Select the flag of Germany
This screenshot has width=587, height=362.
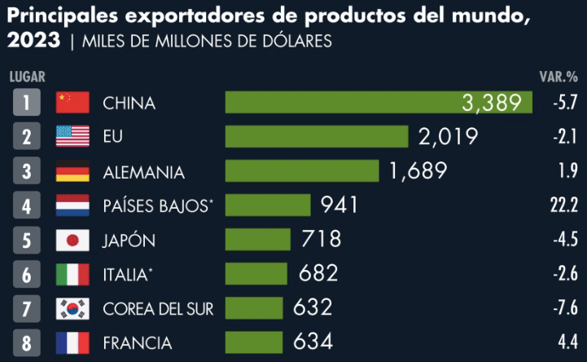(x=72, y=172)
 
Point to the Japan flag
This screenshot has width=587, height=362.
(x=72, y=241)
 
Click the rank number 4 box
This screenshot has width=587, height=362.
(x=27, y=205)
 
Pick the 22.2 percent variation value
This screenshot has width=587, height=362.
(x=563, y=205)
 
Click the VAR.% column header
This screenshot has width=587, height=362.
(x=559, y=77)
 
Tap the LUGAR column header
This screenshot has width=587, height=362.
(x=27, y=77)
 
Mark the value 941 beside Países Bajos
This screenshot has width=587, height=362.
(x=339, y=205)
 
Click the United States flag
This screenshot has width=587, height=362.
(x=72, y=136)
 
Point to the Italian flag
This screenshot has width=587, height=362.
(x=72, y=275)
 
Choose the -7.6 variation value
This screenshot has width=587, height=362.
(x=563, y=309)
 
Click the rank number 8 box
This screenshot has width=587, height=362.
(x=27, y=342)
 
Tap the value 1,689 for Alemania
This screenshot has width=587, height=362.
(x=418, y=171)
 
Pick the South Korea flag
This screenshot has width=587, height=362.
(x=72, y=309)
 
